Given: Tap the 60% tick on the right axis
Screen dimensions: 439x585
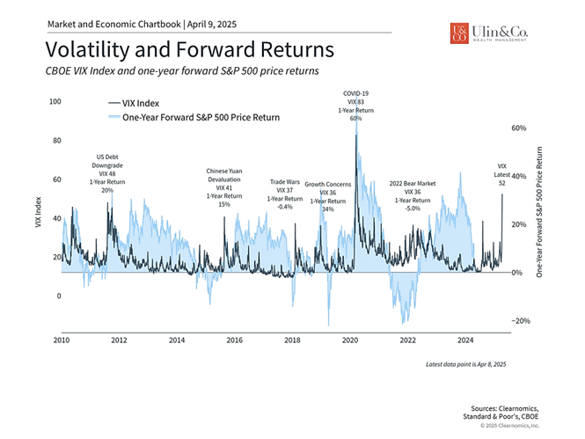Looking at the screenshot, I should [520, 128].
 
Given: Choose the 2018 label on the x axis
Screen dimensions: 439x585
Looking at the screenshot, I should [292, 339].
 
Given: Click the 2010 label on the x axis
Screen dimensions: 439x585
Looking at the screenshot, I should [61, 339].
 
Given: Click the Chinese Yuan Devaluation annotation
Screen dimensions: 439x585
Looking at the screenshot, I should [224, 187].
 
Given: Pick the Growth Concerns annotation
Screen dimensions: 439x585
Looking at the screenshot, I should [327, 196].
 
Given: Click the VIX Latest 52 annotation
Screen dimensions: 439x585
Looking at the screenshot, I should [502, 174].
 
